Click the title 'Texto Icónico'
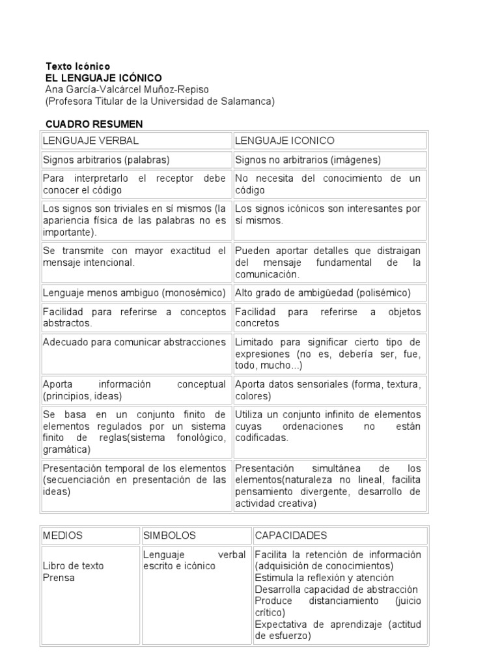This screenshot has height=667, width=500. click(x=77, y=66)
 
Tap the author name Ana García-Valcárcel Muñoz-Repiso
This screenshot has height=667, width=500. click(x=128, y=89)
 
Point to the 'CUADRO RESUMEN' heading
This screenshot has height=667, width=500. click(x=94, y=124)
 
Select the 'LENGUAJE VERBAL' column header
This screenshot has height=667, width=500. click(x=90, y=141)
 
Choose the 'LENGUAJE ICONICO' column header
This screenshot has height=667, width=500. click(x=285, y=141)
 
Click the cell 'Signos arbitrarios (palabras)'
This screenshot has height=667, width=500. click(x=106, y=160)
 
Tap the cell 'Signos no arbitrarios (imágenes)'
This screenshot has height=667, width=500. click(x=308, y=160)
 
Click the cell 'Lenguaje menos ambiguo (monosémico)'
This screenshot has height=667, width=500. click(x=134, y=292)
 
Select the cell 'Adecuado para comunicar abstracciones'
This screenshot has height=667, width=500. click(x=134, y=342)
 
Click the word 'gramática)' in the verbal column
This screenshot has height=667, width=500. click(x=66, y=449)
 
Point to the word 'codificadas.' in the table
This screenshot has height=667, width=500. click(x=262, y=438)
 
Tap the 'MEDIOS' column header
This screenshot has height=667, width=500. click(x=62, y=535)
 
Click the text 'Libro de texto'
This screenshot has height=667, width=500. click(x=73, y=566)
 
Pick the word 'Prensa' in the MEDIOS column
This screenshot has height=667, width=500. click(x=58, y=578)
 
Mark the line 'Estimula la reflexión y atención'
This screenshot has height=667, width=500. click(x=324, y=578)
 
